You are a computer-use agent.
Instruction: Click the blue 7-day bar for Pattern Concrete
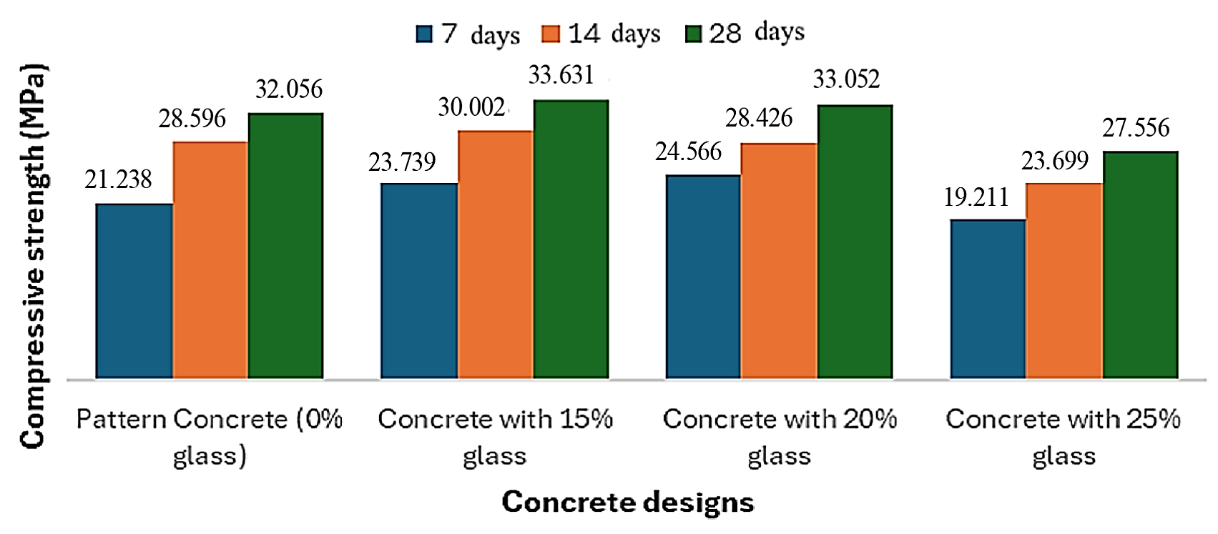(x=134, y=291)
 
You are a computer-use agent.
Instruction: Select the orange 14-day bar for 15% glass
(x=495, y=254)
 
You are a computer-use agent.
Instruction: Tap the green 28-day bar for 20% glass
(x=855, y=242)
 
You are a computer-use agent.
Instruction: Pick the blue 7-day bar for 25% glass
(x=988, y=299)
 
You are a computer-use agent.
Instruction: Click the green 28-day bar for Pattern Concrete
(x=285, y=245)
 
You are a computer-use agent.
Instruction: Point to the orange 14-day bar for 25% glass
(x=1064, y=280)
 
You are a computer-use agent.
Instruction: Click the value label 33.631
(x=561, y=74)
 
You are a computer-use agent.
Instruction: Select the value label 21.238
(x=118, y=179)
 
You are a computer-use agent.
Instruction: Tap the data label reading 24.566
(x=688, y=152)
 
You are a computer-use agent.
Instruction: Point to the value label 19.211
(x=976, y=197)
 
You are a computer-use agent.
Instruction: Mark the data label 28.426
(x=759, y=118)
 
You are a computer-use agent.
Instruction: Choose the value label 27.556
(x=1136, y=128)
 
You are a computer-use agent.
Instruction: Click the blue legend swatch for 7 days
(x=424, y=34)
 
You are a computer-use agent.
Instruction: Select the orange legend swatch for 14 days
(x=551, y=34)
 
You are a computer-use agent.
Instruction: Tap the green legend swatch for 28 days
(x=693, y=34)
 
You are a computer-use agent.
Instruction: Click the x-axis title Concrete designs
(x=628, y=503)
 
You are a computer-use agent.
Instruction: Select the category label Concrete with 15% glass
(x=495, y=437)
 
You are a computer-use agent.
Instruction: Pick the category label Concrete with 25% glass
(x=1064, y=437)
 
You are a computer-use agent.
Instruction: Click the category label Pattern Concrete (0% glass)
(x=210, y=437)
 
